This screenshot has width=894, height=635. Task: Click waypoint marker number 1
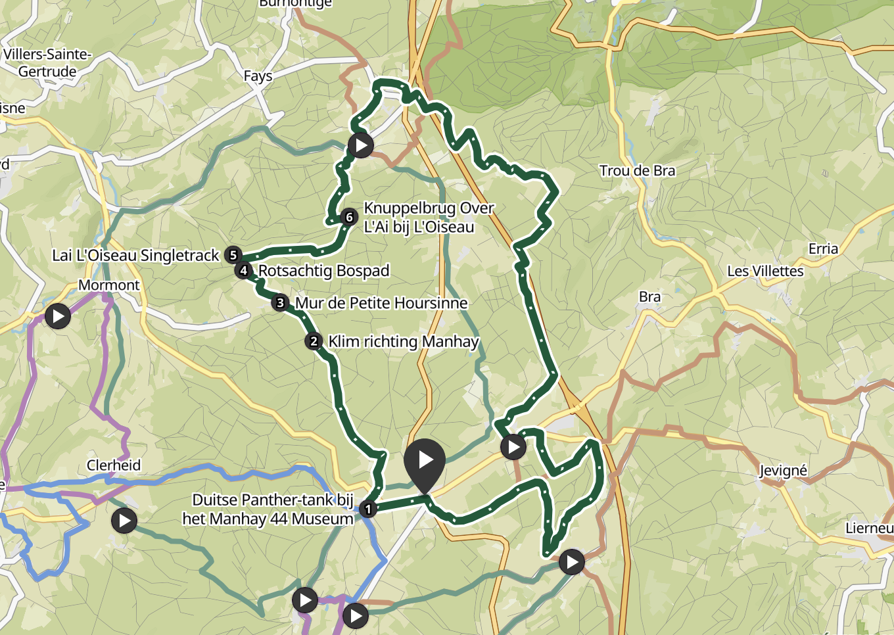[368, 509]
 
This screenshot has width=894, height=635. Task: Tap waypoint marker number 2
[314, 341]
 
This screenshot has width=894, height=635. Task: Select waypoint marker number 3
[281, 303]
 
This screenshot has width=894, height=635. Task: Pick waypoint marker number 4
[244, 270]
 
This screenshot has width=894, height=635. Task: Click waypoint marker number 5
[233, 255]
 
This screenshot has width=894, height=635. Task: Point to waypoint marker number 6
[349, 217]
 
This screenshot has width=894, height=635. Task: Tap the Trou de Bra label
[637, 171]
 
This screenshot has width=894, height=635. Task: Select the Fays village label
[258, 76]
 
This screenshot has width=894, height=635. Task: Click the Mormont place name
[109, 285]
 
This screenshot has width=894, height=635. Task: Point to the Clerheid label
[114, 465]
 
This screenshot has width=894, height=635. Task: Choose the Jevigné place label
[783, 471]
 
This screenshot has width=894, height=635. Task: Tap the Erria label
[823, 249]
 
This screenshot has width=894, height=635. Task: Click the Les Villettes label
[765, 271]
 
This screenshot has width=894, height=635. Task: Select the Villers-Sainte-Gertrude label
[47, 63]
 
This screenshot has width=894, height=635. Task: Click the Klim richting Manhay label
[403, 342]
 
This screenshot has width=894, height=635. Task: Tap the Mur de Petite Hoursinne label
[381, 303]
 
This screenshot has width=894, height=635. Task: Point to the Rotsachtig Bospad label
[323, 271]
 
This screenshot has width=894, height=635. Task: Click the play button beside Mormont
[58, 316]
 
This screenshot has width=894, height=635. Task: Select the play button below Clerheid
[124, 521]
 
